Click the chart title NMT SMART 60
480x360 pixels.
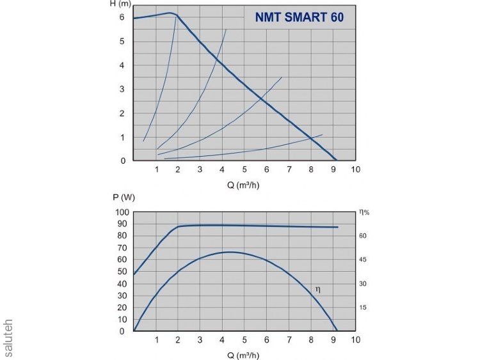pos(299,18)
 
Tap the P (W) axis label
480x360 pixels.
pos(120,198)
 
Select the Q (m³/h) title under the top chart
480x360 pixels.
pos(244,185)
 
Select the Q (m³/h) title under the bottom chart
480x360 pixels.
pos(244,354)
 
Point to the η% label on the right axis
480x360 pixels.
pos(365,211)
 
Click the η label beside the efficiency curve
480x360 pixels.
pos(318,290)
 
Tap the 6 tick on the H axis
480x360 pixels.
pos(122,17)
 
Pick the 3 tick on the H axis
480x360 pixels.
pos(122,90)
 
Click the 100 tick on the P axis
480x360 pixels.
pos(122,212)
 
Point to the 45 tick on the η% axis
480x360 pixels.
pos(362,260)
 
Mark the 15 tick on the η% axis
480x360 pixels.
pos(362,308)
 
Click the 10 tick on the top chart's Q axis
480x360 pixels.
pos(356,169)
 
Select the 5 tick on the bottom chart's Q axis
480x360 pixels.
pos(244,340)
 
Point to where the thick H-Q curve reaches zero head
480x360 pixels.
pos(336,160)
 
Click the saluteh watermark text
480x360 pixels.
pos(8,338)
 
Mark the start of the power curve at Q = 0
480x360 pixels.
pos(134,274)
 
